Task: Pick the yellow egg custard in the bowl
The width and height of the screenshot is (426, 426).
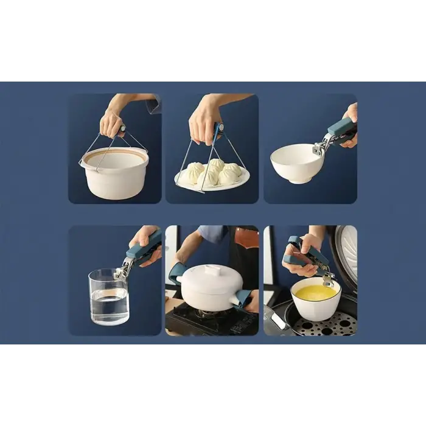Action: coord(315,293)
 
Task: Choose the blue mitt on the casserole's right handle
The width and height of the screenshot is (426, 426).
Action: coord(243,298)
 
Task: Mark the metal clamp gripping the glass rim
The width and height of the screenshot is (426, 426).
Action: coord(121,270)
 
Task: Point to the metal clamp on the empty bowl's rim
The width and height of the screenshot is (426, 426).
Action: coord(321,147)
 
